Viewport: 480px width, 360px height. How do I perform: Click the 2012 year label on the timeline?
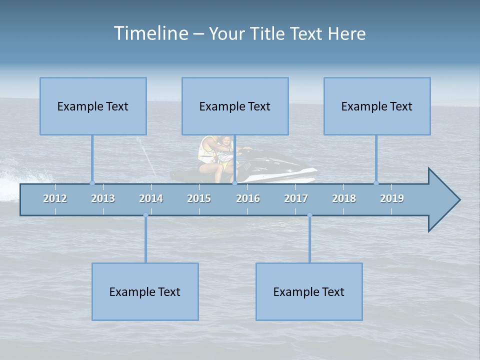click(x=55, y=198)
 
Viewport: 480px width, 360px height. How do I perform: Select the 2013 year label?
click(x=103, y=198)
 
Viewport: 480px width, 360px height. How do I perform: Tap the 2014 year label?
click(x=151, y=198)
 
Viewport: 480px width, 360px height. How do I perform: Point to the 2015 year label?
click(x=199, y=198)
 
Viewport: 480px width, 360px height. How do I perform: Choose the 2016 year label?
click(x=248, y=198)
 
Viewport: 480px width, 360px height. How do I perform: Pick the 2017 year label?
click(x=296, y=198)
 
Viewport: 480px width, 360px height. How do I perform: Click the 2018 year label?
click(x=344, y=198)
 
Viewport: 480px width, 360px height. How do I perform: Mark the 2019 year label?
click(x=392, y=198)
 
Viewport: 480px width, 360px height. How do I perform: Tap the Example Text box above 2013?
click(x=93, y=106)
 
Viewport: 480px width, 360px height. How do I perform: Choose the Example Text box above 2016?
click(x=235, y=106)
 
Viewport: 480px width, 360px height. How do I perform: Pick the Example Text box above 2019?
click(x=377, y=106)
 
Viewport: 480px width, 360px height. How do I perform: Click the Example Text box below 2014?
click(x=145, y=291)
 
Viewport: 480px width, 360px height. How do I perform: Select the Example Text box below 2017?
click(x=309, y=291)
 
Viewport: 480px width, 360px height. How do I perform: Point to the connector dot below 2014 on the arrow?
click(x=145, y=215)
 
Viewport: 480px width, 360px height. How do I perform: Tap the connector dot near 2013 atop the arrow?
click(x=92, y=183)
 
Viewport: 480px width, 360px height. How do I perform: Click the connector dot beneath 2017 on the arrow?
click(x=309, y=215)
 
